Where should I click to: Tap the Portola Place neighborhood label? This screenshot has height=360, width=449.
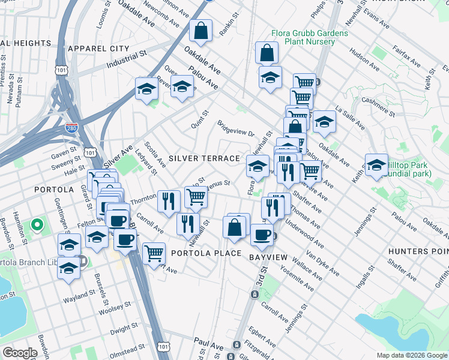(206, 254)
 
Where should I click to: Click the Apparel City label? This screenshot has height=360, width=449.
(98, 48)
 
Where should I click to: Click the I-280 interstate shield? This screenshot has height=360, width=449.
(70, 127)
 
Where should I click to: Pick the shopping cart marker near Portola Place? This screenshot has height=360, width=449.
(154, 253)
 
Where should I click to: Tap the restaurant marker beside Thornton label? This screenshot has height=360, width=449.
(169, 200)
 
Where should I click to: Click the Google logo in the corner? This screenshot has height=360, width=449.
(20, 353)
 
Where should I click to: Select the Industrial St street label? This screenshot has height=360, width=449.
(127, 59)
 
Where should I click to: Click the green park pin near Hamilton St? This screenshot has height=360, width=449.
(37, 227)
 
